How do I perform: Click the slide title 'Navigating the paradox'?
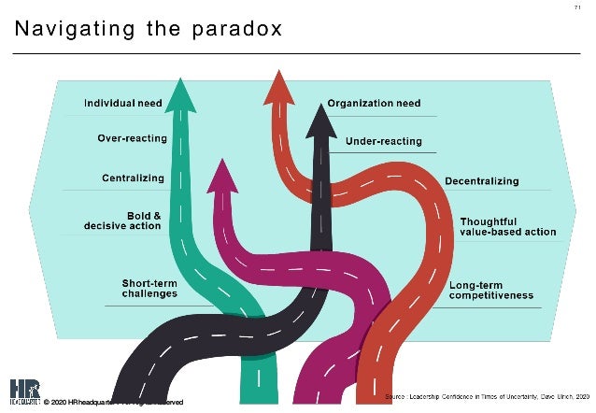pos(149,30)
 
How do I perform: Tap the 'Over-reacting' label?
pos(133,139)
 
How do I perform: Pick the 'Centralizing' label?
pos(134,178)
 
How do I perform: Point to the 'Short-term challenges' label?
pos(149,288)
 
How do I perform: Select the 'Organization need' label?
pos(374,103)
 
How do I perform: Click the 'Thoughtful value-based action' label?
pos(507,226)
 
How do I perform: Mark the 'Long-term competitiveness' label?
pos(490,290)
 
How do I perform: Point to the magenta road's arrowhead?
pos(222,174)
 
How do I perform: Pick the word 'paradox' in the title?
pos(237,30)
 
